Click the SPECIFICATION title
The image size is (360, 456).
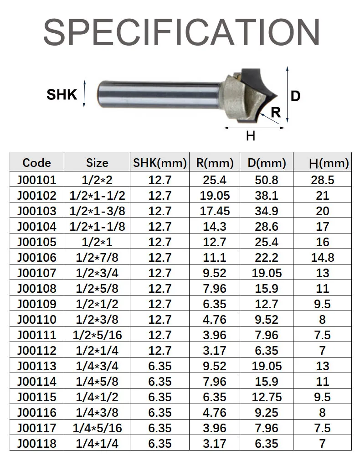pos(181,32)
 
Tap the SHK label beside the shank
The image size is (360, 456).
pos(62,95)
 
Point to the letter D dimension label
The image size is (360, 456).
pos(295,96)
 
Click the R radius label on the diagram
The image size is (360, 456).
pos(276,112)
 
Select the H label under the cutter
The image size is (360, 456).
pos(251,136)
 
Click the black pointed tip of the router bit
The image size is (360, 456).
pos(276,96)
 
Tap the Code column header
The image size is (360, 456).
pos(36,163)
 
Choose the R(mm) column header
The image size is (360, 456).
pos(215,163)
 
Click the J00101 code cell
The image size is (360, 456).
pos(36,180)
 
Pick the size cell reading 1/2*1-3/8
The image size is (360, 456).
pos(97,211)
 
